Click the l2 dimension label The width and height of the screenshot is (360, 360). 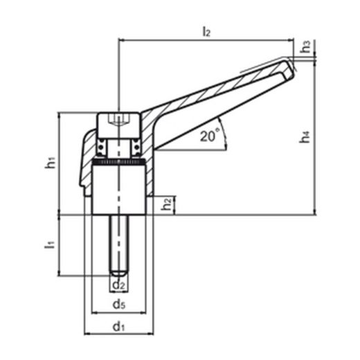click(x=206, y=32)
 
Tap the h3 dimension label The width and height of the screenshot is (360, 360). click(x=306, y=46)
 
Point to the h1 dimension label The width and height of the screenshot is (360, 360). click(x=51, y=162)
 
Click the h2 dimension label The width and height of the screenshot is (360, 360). click(x=167, y=204)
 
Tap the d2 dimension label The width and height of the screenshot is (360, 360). click(x=119, y=285)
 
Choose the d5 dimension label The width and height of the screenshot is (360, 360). click(x=119, y=305)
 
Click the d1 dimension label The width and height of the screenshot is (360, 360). click(x=118, y=327)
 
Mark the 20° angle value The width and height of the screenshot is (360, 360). click(x=209, y=136)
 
